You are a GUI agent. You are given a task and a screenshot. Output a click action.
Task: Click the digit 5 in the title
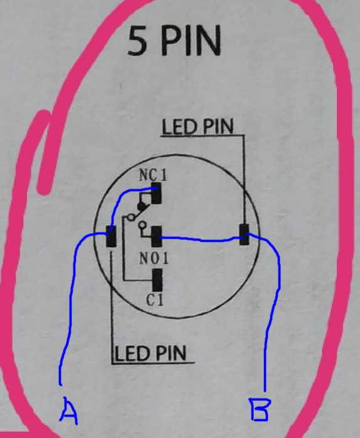pos(137,41)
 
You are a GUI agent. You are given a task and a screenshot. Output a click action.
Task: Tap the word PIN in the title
pos(191,41)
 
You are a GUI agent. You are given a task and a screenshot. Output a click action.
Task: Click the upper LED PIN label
pos(198,127)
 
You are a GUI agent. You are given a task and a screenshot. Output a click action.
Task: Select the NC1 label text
pos(153,175)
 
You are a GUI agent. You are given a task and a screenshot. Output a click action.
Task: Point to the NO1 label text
pos(154,258)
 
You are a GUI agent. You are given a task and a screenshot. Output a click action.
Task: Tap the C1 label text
pos(154,300)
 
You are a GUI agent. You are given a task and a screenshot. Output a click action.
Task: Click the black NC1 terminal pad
pos(156,193)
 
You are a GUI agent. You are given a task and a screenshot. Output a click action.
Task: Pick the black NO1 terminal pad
pos(157,236)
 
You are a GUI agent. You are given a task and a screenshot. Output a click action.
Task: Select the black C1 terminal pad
pos(157,280)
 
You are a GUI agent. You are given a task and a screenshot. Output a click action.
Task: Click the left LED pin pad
pos(111,236)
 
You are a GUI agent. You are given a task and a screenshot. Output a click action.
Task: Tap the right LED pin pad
pos(245,234)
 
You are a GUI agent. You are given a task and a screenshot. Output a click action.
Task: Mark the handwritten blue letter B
pos(260,410)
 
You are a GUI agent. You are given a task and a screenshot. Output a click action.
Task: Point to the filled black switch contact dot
pos(142,207)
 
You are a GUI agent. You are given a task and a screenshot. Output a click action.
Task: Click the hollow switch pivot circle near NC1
pos(130,217)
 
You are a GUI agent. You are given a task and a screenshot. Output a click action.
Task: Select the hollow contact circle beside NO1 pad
pos(142,224)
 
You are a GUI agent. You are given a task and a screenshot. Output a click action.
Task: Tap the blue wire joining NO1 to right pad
pos(201,239)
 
